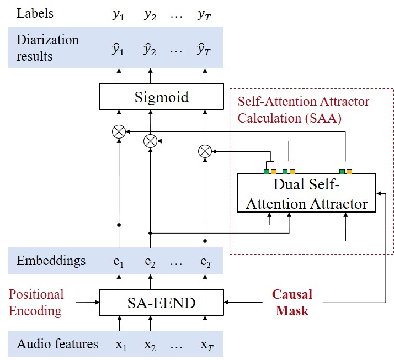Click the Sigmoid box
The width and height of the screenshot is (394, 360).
161,97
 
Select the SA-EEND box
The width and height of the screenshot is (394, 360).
161,301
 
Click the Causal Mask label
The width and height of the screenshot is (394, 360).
292,302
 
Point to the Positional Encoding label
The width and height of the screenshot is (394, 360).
36,302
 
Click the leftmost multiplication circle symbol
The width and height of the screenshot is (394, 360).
118,131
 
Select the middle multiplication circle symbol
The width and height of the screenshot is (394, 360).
150,141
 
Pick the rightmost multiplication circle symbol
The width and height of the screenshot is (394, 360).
205,151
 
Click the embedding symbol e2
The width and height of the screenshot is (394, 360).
150,262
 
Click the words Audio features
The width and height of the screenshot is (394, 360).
57,344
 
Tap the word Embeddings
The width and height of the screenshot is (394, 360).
51,261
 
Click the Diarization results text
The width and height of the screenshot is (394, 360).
47,48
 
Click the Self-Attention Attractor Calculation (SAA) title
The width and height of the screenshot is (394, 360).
303,109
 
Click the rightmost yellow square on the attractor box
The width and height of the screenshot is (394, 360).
350,171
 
